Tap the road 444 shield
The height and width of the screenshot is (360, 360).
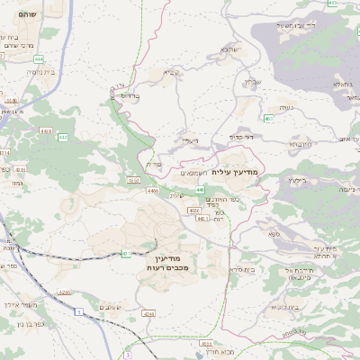click(39, 58)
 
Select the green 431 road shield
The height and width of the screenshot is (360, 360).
click(126, 254)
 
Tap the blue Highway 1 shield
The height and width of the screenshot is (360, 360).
click(79, 310)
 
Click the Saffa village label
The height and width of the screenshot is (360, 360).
click(274, 233)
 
